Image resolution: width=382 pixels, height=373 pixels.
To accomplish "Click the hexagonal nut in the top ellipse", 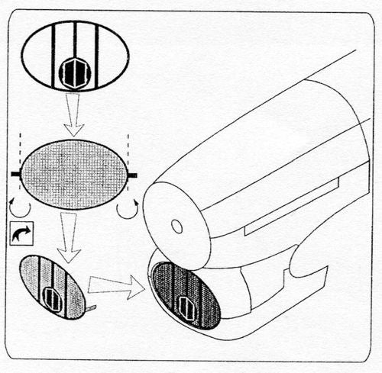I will [x=74, y=74].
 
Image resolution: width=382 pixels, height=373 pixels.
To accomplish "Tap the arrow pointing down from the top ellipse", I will [x=74, y=115].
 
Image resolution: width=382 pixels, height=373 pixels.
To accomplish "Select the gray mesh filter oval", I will [x=74, y=175].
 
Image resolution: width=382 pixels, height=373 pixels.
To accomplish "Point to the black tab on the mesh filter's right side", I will [x=132, y=175].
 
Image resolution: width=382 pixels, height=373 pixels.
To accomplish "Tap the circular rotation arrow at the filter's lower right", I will [x=128, y=208].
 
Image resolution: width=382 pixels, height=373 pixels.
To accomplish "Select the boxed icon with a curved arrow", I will [x=24, y=236].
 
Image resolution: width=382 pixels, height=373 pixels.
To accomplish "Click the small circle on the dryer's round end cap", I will [x=176, y=227].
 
